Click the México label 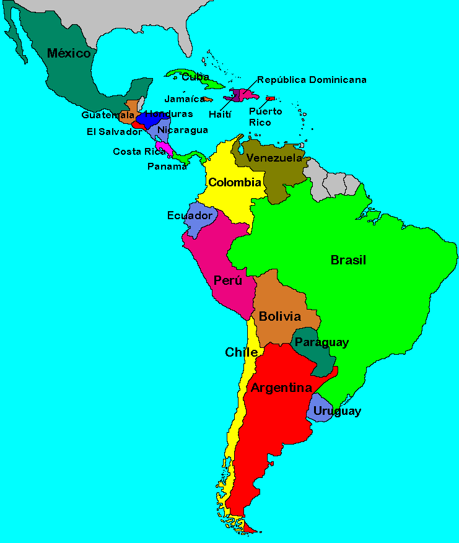click(x=69, y=53)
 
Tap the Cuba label click(x=196, y=77)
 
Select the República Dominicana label click(x=312, y=80)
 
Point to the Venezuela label click(x=274, y=158)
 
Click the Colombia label click(x=234, y=183)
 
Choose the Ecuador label click(x=190, y=215)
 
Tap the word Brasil click(x=348, y=260)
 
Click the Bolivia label click(x=280, y=317)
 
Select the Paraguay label click(x=321, y=342)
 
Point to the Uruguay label click(x=337, y=411)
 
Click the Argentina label click(x=281, y=388)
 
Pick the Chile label click(x=241, y=353)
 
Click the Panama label click(x=167, y=167)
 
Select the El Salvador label click(x=114, y=131)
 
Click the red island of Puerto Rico click(x=270, y=98)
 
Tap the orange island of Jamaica click(x=208, y=99)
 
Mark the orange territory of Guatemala click(x=131, y=107)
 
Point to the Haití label click(x=220, y=115)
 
